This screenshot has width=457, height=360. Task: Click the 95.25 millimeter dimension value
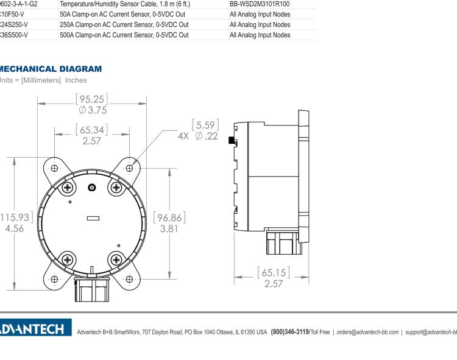(93, 99)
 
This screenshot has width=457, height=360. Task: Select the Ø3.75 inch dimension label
(93, 110)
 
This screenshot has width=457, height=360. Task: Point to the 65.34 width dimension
(92, 130)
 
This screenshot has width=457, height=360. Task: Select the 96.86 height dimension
(169, 218)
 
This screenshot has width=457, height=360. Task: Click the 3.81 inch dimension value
(169, 229)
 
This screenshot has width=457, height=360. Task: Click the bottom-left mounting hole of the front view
(55, 279)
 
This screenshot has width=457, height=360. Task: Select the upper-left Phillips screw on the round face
(67, 187)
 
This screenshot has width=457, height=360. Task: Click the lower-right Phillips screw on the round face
(116, 258)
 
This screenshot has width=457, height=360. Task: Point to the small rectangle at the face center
(93, 217)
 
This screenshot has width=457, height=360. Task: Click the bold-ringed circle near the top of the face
(92, 188)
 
